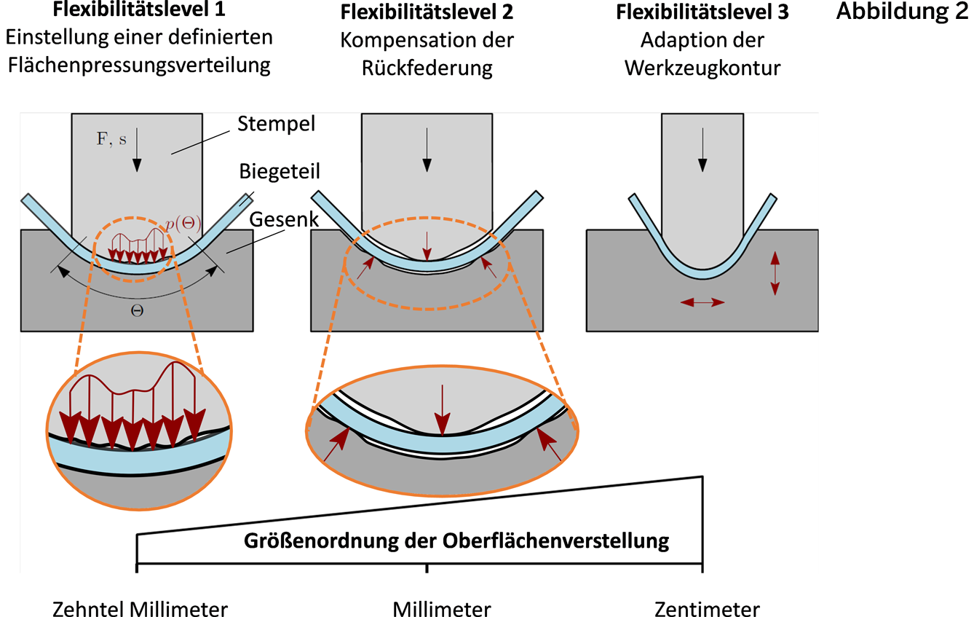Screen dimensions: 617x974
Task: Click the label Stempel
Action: click(x=276, y=124)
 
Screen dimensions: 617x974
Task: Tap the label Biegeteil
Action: click(x=280, y=172)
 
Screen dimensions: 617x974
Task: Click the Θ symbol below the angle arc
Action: click(x=137, y=310)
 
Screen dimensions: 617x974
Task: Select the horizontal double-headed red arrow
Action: click(x=702, y=302)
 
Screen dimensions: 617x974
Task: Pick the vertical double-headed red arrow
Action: click(x=775, y=273)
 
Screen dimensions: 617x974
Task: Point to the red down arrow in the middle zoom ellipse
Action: click(x=441, y=410)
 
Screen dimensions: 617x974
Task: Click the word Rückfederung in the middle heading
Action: click(x=427, y=68)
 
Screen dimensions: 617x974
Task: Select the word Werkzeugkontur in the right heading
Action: click(x=702, y=68)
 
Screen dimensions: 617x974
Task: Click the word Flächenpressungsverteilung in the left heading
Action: click(x=140, y=66)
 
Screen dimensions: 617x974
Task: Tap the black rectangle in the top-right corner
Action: click(x=901, y=12)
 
